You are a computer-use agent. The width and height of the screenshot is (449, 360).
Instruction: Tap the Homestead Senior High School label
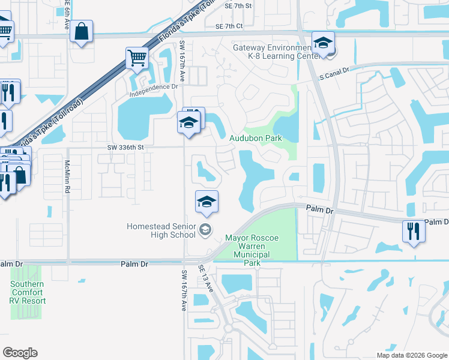point(161,230)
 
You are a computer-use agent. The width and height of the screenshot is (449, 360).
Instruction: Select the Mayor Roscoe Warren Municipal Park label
point(252,246)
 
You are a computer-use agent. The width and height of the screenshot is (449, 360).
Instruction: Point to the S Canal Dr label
point(334,76)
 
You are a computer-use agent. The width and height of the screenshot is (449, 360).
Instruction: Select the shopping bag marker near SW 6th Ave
point(82,31)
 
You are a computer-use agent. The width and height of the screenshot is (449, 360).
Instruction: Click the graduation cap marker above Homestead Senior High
point(206,201)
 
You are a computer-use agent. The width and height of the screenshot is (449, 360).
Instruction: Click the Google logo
point(20,353)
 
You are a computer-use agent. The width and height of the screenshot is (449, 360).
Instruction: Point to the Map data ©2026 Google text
point(411,355)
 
